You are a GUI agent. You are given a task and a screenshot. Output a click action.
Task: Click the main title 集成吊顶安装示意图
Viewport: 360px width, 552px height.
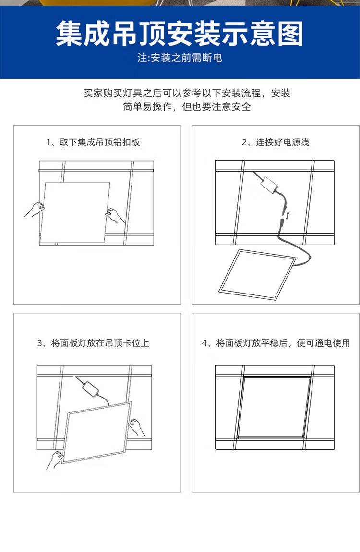pos(180,34)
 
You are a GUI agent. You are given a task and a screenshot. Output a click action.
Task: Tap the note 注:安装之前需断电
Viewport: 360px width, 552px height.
pos(180,58)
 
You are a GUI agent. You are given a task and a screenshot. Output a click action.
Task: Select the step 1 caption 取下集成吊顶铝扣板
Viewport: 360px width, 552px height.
pos(100,142)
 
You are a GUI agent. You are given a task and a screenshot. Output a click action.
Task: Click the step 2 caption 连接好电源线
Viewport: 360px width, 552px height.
pos(283,142)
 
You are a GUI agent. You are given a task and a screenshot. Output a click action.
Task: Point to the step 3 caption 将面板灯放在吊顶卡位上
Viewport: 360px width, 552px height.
pos(100,343)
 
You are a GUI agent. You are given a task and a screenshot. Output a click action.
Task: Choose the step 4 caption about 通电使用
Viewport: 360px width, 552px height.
pos(283,343)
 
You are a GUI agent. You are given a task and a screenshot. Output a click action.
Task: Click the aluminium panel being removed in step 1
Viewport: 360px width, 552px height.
pos(75,212)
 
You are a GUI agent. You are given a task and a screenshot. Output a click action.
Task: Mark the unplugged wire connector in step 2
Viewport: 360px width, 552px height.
pos(285,218)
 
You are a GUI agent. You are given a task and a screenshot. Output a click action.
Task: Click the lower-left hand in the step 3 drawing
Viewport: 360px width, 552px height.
pos(55,459)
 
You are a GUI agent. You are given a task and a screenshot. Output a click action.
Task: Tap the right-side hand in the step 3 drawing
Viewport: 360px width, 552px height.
pos(137,427)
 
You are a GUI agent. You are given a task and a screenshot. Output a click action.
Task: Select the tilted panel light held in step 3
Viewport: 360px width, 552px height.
pos(96,432)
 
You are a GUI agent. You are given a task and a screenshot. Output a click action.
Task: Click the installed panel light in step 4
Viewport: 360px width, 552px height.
pos(274,407)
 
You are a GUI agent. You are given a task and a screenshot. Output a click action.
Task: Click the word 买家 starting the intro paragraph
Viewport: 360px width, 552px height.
pos(93,94)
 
